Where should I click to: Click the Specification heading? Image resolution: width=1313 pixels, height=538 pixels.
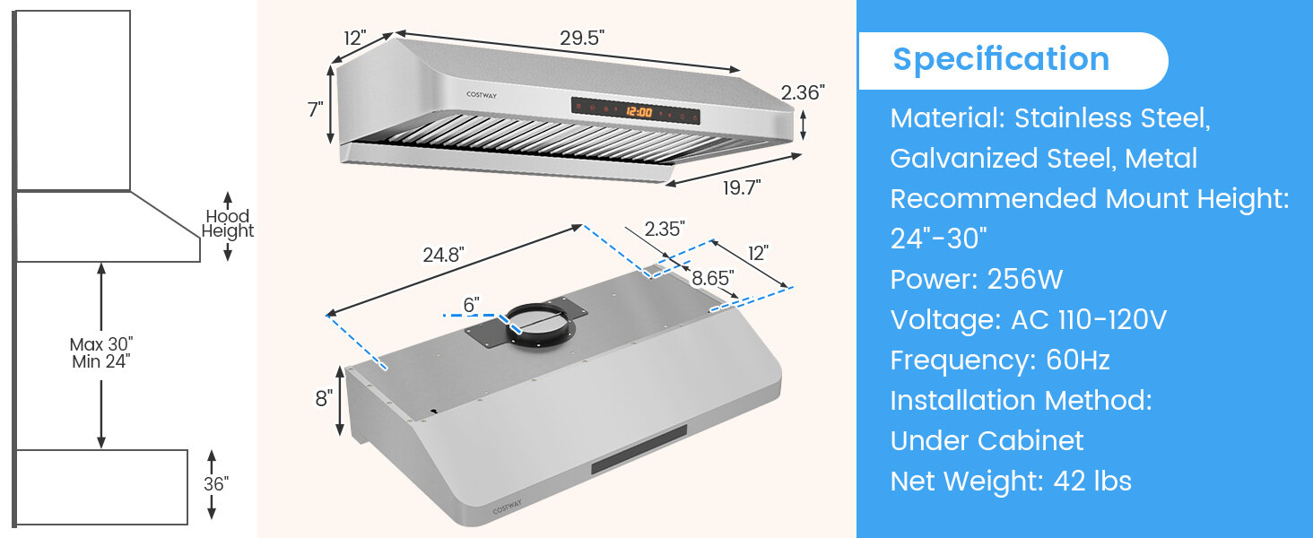[x=1001, y=59]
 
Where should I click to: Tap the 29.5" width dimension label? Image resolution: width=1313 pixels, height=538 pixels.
[x=582, y=38]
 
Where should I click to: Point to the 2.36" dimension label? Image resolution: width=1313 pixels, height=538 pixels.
[x=803, y=91]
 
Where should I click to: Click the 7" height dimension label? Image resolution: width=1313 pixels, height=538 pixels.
[x=315, y=109]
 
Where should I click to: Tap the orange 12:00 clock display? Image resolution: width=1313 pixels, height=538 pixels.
[x=639, y=112]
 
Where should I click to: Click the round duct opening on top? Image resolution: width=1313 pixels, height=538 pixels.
[x=539, y=323]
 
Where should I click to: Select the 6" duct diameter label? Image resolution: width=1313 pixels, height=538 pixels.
[x=471, y=305]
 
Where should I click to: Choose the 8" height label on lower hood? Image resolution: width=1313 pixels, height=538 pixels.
[x=323, y=399]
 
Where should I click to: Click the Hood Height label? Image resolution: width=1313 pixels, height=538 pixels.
[x=227, y=223]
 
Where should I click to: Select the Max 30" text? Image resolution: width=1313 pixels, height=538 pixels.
[x=100, y=344]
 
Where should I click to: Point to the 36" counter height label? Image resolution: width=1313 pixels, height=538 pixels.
[x=216, y=484]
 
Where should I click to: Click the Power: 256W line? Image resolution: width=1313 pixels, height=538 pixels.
[x=976, y=280]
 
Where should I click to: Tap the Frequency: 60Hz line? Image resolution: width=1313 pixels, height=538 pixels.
[x=1000, y=360]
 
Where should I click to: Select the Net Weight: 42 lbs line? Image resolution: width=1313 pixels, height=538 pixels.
[x=1011, y=482]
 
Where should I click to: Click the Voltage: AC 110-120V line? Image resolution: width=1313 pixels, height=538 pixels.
[x=1028, y=320]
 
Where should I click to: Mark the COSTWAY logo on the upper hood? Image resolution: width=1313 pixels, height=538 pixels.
[x=481, y=92]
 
